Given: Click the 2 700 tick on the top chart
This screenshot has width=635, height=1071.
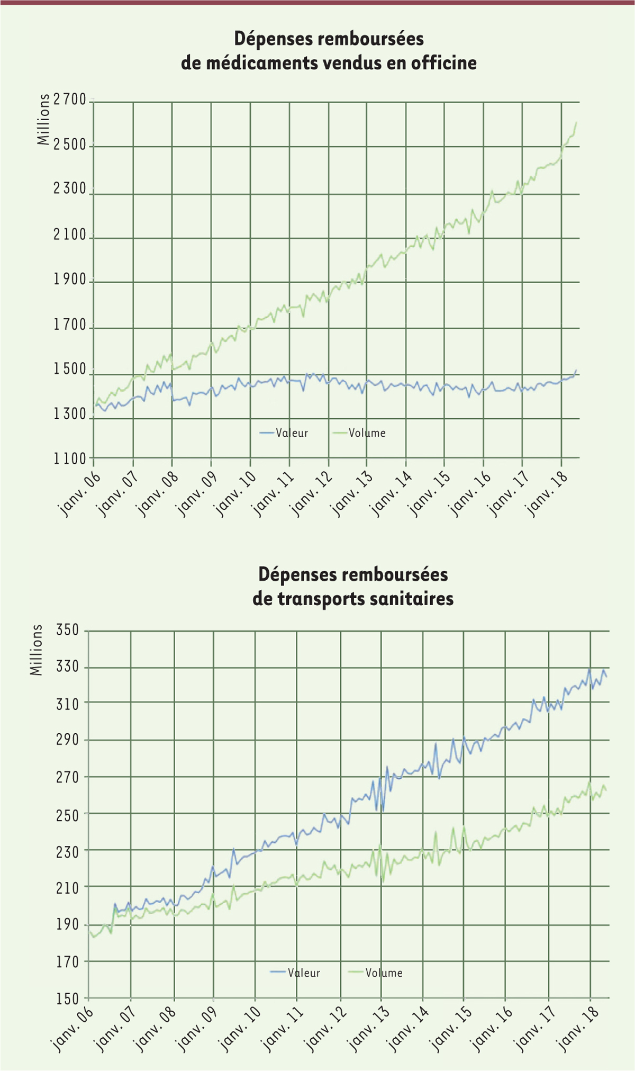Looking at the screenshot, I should point(69,100).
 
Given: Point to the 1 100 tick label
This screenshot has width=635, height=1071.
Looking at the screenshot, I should point(69,459).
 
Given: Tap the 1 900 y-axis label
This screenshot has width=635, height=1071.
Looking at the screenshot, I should point(69,280).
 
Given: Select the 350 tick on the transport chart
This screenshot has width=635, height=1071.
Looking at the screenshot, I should point(68,630).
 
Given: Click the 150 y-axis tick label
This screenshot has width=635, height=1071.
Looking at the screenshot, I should point(68,998).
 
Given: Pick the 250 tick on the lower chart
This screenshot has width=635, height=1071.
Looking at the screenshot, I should point(68,815).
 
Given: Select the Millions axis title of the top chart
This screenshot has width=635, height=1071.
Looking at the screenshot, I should point(43,119).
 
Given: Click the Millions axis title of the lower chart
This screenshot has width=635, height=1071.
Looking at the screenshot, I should point(36,650).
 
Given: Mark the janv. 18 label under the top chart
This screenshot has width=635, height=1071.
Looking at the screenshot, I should point(547,493).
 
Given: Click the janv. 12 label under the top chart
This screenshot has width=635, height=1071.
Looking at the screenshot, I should point(312,493).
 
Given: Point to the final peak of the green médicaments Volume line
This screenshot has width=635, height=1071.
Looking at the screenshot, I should point(576,123).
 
